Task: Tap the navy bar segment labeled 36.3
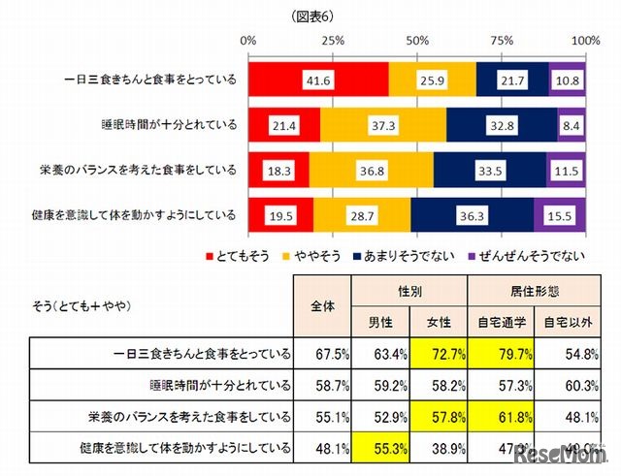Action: pos(472,212)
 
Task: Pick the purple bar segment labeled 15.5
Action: pos(560,212)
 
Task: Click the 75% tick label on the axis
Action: pos(502,41)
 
